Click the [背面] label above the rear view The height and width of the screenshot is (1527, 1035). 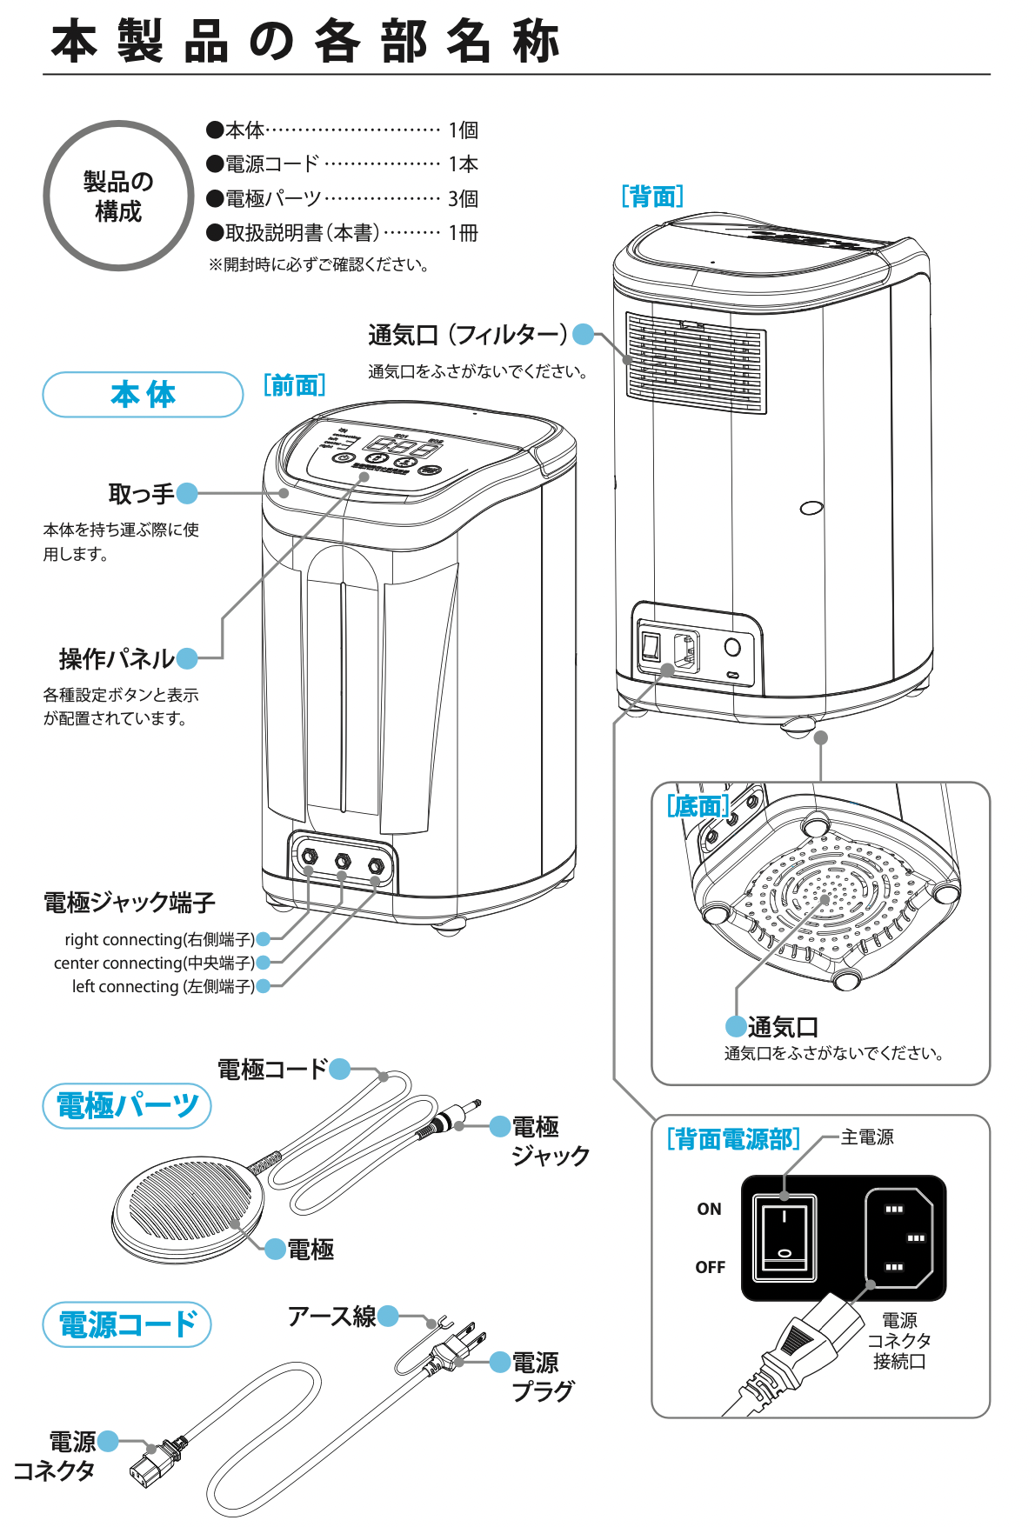point(652,197)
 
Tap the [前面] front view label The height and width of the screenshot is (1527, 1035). point(294,385)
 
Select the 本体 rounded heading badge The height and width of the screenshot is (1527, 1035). point(143,395)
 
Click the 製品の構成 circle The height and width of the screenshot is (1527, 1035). point(118,197)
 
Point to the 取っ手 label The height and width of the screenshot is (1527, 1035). point(141,494)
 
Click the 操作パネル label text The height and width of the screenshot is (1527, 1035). point(117,659)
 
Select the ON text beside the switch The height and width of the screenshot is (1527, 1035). point(709,1209)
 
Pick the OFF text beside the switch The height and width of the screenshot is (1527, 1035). point(710,1267)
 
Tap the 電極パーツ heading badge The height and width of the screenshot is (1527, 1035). point(127,1106)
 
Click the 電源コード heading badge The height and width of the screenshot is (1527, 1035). point(127,1324)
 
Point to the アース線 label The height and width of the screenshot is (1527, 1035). point(331,1317)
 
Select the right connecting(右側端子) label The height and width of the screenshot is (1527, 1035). point(159,939)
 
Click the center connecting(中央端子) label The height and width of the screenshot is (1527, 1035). point(154,963)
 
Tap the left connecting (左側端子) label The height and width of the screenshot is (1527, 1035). point(163,986)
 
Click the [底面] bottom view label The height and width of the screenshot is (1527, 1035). point(698,806)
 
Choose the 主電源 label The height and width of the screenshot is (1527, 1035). point(867,1137)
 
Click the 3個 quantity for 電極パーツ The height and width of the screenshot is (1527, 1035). point(463,199)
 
